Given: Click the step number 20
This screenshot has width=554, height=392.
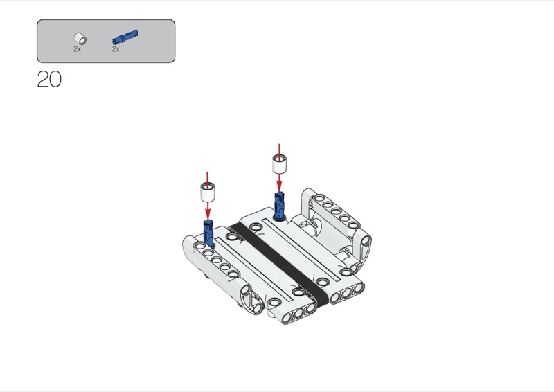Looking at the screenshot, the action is click(x=49, y=79).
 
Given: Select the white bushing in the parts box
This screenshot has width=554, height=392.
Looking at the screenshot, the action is click(x=80, y=38).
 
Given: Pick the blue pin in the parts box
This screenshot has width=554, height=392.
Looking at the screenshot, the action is click(x=125, y=37).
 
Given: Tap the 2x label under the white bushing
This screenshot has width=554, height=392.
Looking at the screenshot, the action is click(x=78, y=49).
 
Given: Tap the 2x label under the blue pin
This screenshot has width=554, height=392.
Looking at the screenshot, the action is click(x=116, y=49).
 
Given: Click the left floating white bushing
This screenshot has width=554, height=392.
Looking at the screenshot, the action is click(x=208, y=192).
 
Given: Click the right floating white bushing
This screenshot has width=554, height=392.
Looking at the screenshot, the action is click(x=280, y=164).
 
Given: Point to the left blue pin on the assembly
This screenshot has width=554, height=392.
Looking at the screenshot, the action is click(x=208, y=233).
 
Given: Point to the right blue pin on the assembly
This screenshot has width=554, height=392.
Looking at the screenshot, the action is click(x=280, y=206).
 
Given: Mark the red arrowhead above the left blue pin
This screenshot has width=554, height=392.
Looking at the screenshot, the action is click(x=208, y=214).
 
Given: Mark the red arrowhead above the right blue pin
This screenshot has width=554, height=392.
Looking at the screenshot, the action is click(x=280, y=186).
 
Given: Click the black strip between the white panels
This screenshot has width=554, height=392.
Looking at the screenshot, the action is click(x=280, y=264).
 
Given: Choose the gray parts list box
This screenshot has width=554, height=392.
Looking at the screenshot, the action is click(x=106, y=41).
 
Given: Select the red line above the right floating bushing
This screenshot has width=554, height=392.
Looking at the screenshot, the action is click(x=280, y=150).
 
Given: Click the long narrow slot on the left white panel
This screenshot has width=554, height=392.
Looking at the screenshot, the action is click(x=254, y=269).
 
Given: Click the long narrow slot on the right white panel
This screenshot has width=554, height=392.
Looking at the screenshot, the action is click(x=301, y=250).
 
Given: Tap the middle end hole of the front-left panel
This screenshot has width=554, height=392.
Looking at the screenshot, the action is click(x=299, y=314).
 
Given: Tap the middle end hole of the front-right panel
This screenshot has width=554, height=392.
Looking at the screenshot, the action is click(x=347, y=294).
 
